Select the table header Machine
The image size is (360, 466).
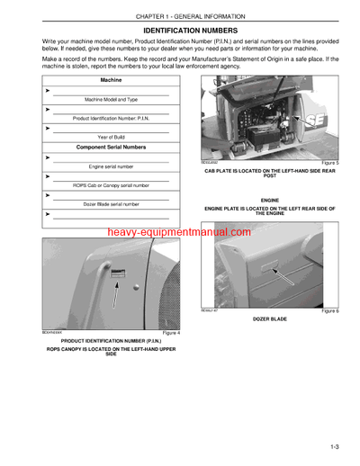click(112, 80)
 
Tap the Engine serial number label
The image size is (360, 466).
click(112, 166)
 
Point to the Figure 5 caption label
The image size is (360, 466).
click(328, 163)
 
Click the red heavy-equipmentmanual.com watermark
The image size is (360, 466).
click(179, 232)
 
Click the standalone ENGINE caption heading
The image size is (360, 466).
click(270, 200)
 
